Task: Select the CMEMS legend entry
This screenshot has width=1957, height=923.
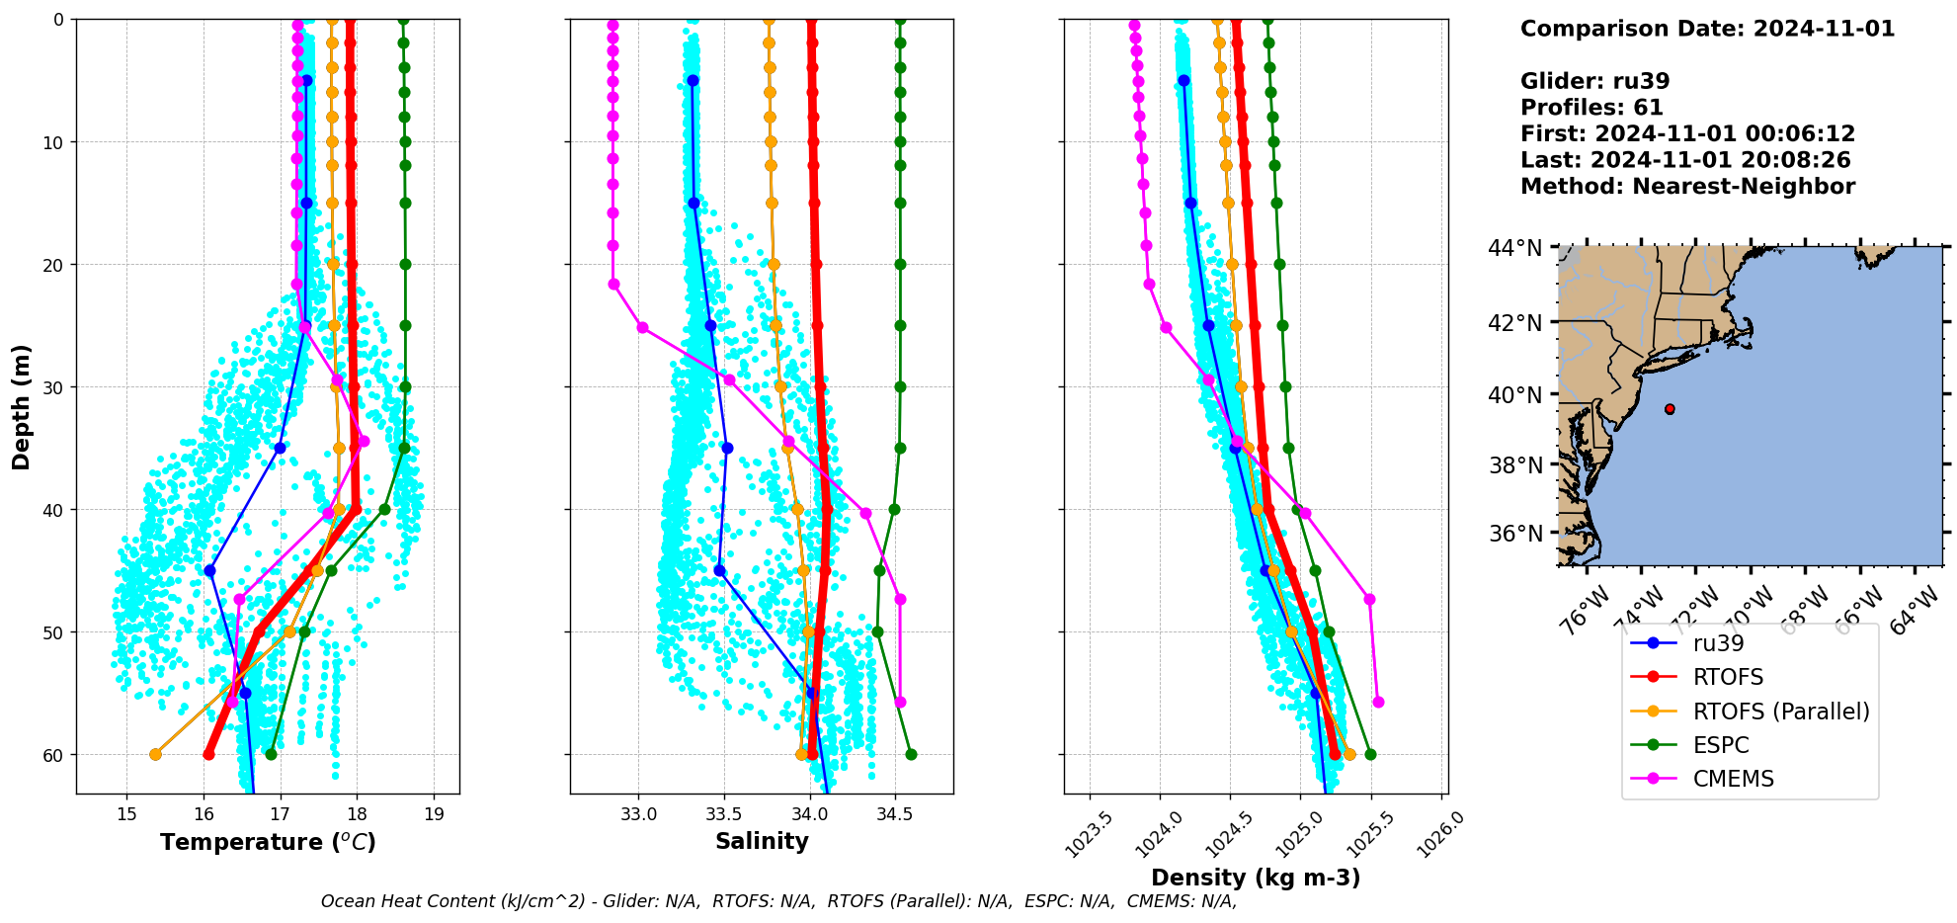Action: point(1733,779)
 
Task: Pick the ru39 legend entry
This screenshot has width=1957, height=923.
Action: point(1718,643)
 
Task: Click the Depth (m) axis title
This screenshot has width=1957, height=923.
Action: point(22,406)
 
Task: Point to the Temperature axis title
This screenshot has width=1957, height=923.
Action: point(268,842)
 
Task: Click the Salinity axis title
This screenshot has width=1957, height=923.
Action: point(762,841)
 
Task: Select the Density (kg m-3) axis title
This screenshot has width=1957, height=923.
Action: point(1256,878)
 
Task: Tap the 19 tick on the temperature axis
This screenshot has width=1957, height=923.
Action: point(434,814)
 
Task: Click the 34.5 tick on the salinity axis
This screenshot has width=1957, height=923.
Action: point(895,814)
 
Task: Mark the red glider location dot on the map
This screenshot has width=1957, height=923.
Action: point(1670,409)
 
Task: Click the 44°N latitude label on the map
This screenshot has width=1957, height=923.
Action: point(1514,247)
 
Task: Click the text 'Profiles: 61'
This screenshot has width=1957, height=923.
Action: point(1591,108)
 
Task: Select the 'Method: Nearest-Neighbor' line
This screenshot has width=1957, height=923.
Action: point(1687,187)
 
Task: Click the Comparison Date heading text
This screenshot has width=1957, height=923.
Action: point(1707,29)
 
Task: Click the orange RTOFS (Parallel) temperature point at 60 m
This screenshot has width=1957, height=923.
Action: point(155,754)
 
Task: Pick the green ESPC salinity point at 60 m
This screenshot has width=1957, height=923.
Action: point(911,754)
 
